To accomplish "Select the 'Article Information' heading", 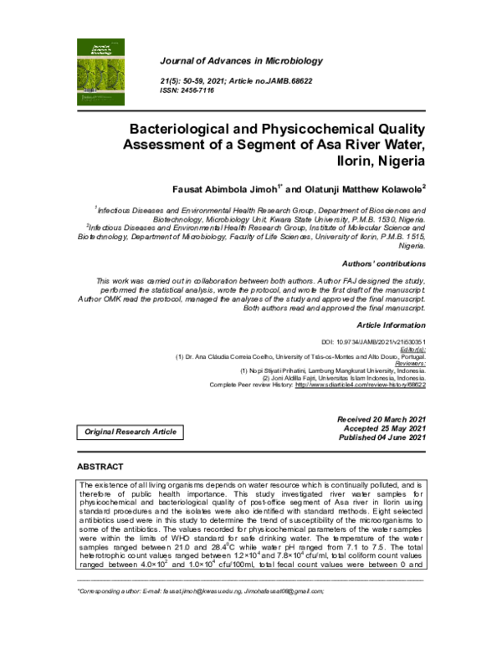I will tap(391, 324).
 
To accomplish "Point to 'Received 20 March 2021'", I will tap(382, 418).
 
